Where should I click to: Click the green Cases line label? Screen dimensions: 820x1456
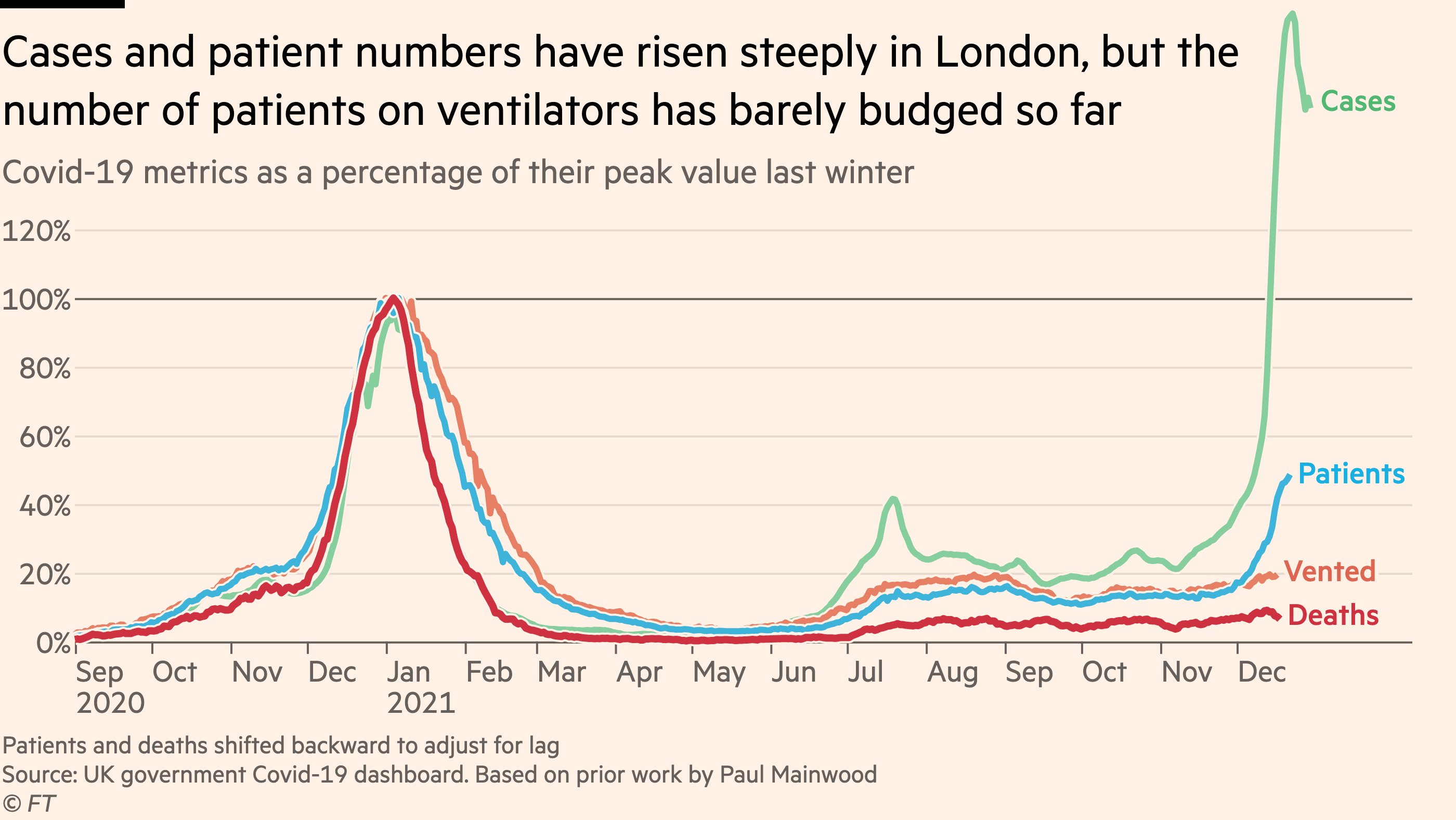[x=1358, y=102]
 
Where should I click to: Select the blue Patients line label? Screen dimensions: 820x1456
[x=1351, y=474]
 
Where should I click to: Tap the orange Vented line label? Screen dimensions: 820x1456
[x=1330, y=572]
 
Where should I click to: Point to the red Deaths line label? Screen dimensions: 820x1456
[x=1333, y=616]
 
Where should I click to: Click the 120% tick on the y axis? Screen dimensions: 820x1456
[x=37, y=232]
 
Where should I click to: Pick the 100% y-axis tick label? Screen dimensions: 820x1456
[x=37, y=300]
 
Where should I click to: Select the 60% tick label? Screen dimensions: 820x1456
[x=45, y=437]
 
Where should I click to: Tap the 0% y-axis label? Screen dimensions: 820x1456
[x=53, y=644]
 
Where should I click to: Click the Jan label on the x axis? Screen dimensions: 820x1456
[x=408, y=672]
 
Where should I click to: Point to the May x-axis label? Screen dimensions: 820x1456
[x=719, y=672]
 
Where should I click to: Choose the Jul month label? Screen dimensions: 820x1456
[x=865, y=672]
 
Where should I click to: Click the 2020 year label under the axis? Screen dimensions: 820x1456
[x=110, y=703]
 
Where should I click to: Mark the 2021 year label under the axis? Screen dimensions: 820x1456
[x=421, y=703]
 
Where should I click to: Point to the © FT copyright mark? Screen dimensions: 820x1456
[x=28, y=803]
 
